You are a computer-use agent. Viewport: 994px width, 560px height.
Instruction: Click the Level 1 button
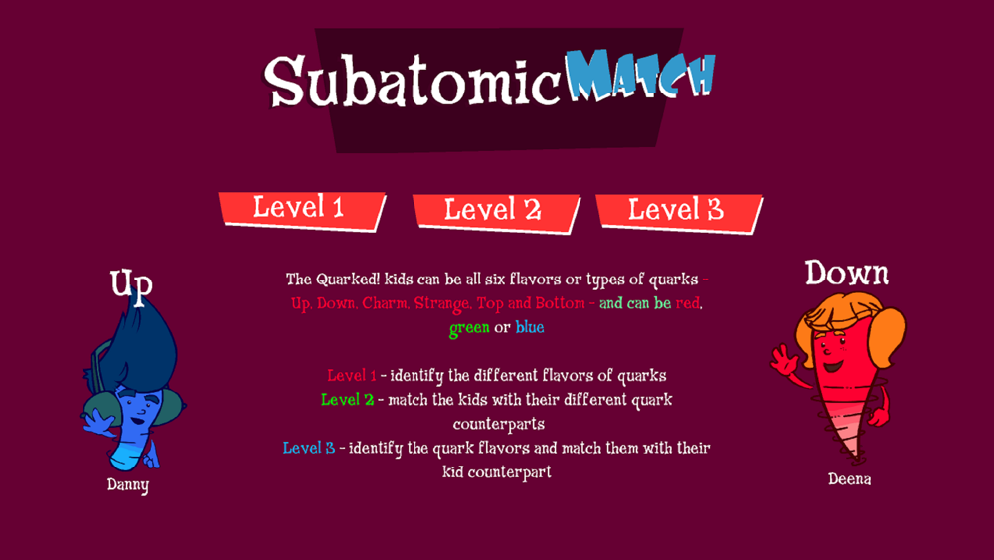(x=302, y=210)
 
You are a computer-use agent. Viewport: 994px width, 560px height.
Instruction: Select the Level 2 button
(x=495, y=212)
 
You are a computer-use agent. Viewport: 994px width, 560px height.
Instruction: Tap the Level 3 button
(x=679, y=213)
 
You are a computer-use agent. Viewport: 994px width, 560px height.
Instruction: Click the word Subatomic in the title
(x=413, y=81)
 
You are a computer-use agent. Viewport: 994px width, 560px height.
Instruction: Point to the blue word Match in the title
(x=640, y=75)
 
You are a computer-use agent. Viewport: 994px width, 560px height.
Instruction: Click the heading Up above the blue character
(x=131, y=282)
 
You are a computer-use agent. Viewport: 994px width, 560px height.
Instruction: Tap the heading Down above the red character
(x=846, y=274)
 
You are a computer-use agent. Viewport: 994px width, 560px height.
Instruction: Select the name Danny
(x=128, y=485)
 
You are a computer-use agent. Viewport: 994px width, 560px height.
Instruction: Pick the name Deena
(x=849, y=479)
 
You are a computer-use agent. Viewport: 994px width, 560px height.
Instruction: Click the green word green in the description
(x=469, y=328)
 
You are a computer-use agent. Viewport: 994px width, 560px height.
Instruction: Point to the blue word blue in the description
(x=530, y=327)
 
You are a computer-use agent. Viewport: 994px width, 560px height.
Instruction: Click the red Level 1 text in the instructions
(x=351, y=375)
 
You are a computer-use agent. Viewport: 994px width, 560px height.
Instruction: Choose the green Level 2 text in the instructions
(x=347, y=400)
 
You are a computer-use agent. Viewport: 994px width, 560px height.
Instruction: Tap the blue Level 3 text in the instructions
(x=309, y=448)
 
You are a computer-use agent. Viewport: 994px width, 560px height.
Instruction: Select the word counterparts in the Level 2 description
(x=499, y=424)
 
